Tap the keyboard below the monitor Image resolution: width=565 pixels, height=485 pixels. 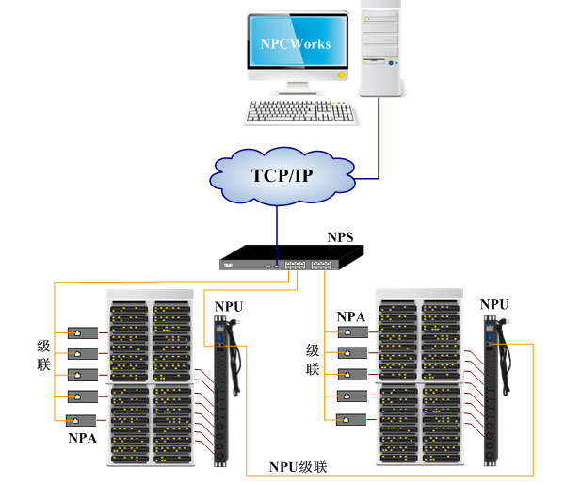(x=301, y=112)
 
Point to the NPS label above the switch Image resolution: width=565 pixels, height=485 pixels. (x=340, y=237)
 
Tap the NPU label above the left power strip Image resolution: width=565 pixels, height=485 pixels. (x=229, y=306)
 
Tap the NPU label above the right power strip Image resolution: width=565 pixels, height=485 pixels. (x=494, y=304)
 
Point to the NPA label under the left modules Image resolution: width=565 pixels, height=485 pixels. (x=82, y=438)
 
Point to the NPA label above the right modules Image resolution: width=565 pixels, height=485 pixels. (x=351, y=316)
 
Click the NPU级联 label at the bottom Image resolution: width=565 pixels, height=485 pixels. (x=299, y=467)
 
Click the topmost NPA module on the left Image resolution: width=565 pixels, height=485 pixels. (x=81, y=333)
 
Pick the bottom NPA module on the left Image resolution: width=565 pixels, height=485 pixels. (x=81, y=420)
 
